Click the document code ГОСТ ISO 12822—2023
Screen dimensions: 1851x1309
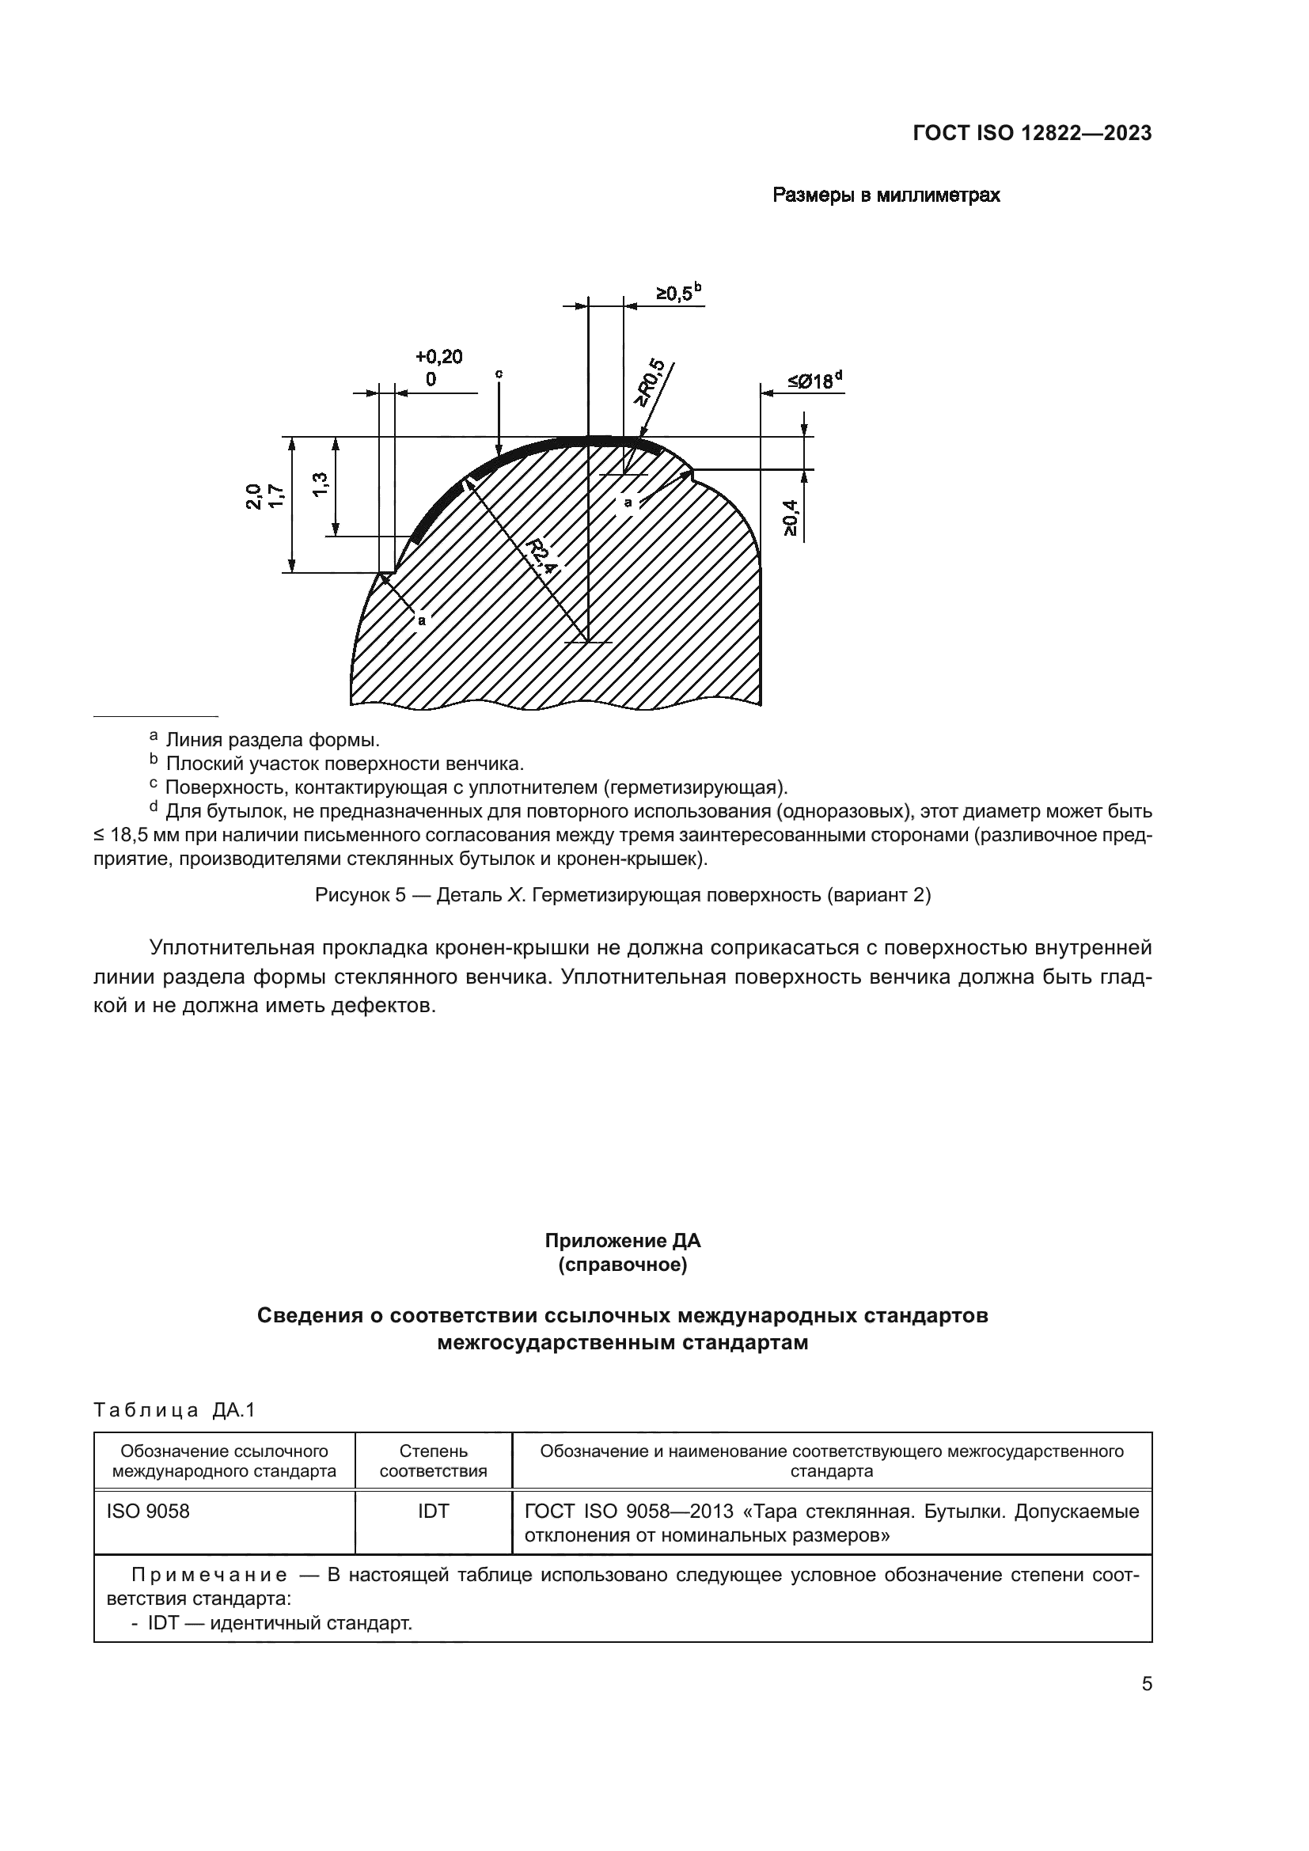pos(1032,133)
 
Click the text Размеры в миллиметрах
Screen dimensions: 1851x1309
pos(886,195)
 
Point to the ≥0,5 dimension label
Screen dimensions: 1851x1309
pos(673,294)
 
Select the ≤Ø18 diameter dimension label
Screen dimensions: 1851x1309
pos(811,381)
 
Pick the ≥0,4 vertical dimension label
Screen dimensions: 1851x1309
pos(790,518)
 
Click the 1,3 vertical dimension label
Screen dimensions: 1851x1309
pos(320,484)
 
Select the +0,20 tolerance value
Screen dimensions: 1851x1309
pos(438,356)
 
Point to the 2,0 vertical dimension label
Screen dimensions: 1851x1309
pos(254,496)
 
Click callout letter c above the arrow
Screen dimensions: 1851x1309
pos(499,374)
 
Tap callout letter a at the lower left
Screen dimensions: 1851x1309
pos(422,620)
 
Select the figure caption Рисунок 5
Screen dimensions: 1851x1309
pos(622,895)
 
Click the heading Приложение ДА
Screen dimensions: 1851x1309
pos(622,1240)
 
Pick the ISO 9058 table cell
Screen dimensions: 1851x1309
pos(148,1512)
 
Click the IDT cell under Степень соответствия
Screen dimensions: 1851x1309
pos(433,1512)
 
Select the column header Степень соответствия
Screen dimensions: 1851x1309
pos(433,1462)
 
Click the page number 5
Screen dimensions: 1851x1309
pos(1146,1684)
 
